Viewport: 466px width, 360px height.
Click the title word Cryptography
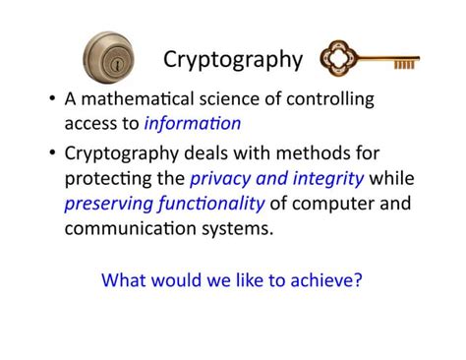233,59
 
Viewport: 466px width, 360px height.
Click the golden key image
371,60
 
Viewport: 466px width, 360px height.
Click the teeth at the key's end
404,65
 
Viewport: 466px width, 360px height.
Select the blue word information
193,123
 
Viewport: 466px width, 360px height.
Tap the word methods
319,153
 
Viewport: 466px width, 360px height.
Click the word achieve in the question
326,278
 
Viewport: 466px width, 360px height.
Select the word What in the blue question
124,278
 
